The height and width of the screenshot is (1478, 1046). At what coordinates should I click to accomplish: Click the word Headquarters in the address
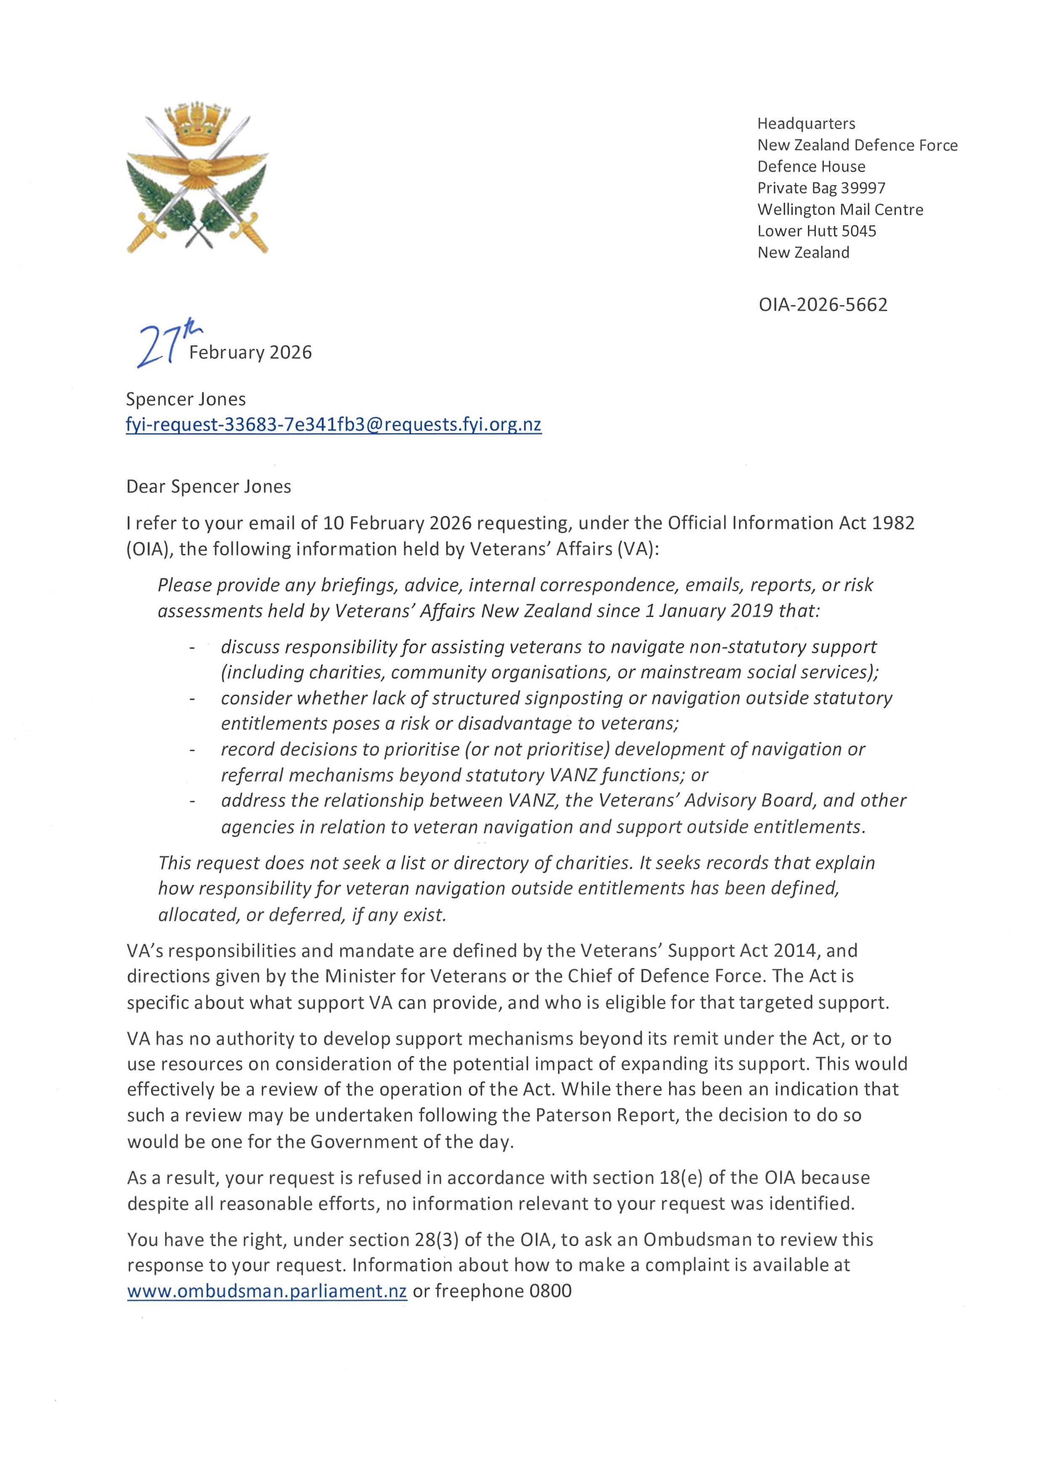pos(806,123)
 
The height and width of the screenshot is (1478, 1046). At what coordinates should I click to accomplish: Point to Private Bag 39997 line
pos(821,188)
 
